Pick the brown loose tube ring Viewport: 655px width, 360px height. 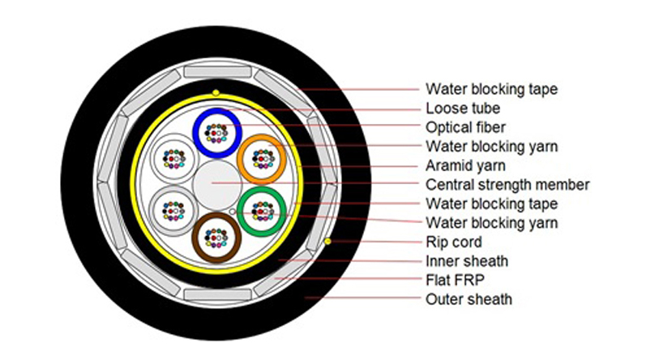[x=197, y=238]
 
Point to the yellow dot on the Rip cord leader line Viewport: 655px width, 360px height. [x=327, y=242]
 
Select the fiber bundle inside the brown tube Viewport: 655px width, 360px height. [x=215, y=238]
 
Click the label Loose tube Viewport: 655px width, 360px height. [x=462, y=108]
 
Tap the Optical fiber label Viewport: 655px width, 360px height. [x=465, y=127]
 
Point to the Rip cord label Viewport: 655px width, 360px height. [x=453, y=242]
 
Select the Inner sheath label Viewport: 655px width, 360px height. [x=466, y=261]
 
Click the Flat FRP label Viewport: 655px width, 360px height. [x=456, y=281]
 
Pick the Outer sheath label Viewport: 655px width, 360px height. [x=469, y=300]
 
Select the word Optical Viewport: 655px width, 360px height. [x=448, y=127]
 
